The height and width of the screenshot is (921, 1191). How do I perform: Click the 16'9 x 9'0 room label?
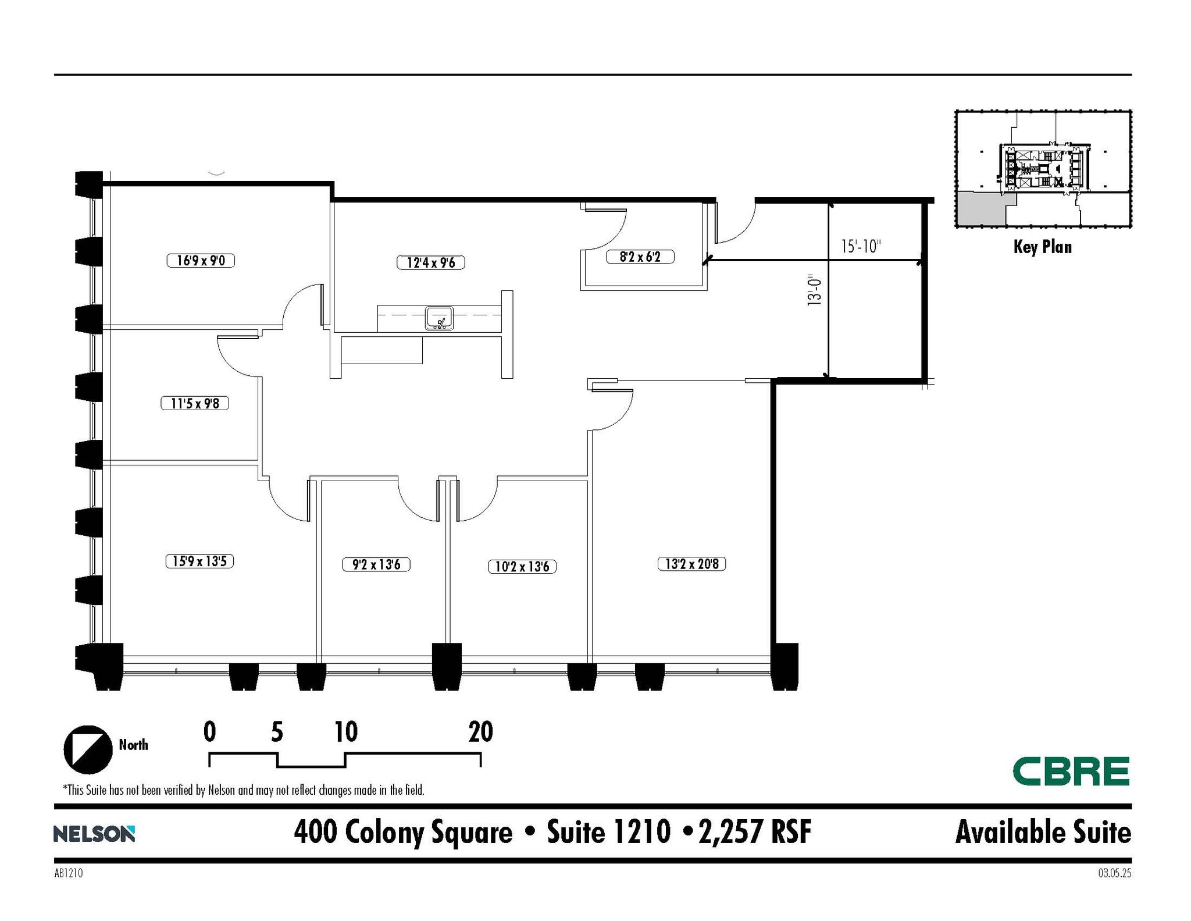coord(201,260)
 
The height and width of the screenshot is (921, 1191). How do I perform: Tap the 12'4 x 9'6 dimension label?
coord(430,262)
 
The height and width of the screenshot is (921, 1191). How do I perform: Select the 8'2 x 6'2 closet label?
coord(640,257)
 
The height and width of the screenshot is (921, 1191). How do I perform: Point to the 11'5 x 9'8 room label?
coord(195,403)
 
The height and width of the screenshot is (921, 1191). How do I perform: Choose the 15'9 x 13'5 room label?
coord(199,561)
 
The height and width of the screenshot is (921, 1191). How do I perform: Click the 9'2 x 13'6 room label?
coord(376,564)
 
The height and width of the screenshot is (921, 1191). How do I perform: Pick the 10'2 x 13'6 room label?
coord(522,566)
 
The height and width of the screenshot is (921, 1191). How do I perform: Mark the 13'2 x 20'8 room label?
coord(691,564)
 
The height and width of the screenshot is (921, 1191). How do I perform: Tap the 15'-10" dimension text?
coord(861,246)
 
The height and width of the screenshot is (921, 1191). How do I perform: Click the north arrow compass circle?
coord(87,750)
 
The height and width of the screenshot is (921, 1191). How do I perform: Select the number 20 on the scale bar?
coord(480,732)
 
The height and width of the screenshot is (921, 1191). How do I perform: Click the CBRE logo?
coord(1071,771)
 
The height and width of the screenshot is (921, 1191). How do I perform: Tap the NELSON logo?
coord(94,834)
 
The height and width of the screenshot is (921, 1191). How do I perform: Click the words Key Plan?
coord(1042,247)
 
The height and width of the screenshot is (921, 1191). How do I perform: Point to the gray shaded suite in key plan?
coord(980,211)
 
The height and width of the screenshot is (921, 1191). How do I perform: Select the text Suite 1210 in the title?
coord(608,832)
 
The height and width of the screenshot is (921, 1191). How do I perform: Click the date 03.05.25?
coord(1114,873)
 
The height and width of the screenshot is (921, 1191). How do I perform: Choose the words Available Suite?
coord(1043,832)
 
